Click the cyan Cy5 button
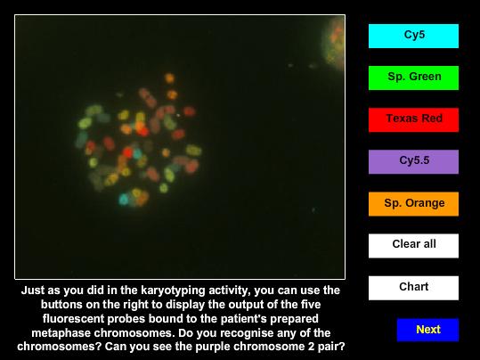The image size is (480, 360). point(413,36)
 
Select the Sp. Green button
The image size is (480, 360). point(413,78)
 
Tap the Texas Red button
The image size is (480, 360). point(413,119)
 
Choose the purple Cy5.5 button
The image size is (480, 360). point(413,162)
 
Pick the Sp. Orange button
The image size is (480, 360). point(413,204)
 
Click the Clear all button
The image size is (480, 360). point(413,246)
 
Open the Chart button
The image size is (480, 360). point(413,288)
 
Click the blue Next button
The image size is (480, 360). point(427,330)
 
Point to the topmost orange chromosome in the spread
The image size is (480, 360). point(169,78)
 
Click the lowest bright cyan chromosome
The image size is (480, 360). point(124,199)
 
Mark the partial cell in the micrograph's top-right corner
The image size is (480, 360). point(334,43)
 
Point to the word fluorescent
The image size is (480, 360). point(73,318)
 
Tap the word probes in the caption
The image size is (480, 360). point(126,318)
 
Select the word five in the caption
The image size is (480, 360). point(310,304)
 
